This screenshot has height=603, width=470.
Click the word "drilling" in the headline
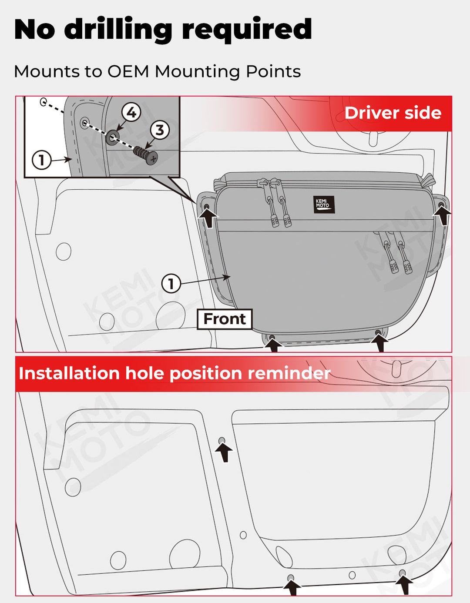[x=118, y=30]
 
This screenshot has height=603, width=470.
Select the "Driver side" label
[x=393, y=113]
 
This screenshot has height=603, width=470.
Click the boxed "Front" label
[x=225, y=319]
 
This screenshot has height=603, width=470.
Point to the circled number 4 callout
[x=131, y=113]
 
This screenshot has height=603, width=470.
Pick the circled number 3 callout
[x=160, y=130]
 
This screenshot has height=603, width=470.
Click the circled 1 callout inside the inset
[x=41, y=160]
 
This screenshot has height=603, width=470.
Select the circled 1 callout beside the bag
[x=171, y=284]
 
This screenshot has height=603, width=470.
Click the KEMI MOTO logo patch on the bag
[x=324, y=204]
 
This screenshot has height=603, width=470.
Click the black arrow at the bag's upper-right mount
[x=443, y=215]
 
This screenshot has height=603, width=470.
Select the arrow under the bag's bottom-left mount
[x=274, y=345]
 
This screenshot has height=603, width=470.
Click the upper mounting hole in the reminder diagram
[x=222, y=441]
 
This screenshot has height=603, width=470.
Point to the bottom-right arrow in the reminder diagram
[x=405, y=584]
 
